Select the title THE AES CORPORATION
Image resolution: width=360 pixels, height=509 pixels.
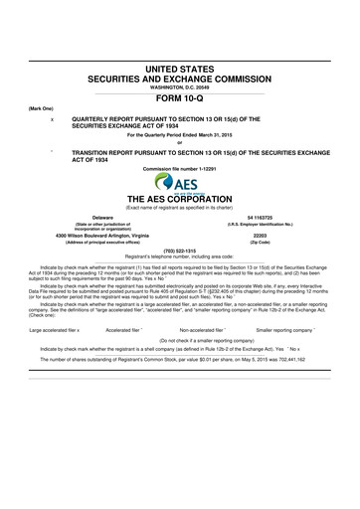(x=179, y=199)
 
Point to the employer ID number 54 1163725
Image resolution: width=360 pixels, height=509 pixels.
(x=261, y=216)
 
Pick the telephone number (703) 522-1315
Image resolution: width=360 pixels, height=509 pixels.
(x=179, y=251)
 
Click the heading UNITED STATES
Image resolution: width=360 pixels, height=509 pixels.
(x=179, y=65)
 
